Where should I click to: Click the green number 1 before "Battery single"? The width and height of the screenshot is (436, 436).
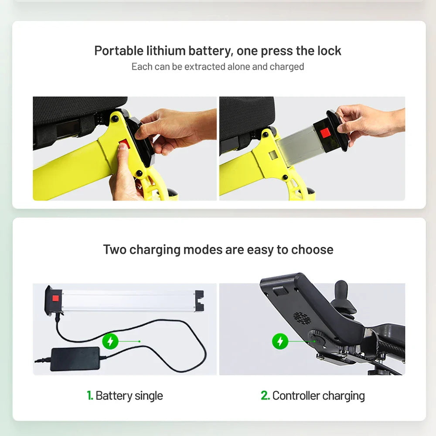pos(89,395)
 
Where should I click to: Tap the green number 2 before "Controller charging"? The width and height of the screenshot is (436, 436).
pos(265,395)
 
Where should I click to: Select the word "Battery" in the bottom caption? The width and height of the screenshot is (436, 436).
pos(114,395)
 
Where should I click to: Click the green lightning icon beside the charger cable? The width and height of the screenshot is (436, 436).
pos(110,341)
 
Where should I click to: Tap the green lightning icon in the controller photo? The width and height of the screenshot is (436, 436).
pos(280,341)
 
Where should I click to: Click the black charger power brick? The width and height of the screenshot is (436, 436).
pos(75,359)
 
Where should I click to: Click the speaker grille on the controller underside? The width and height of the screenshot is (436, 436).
pos(302,318)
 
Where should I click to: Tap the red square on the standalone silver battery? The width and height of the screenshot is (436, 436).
pos(56,299)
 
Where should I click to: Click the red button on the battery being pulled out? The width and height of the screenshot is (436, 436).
pos(325,133)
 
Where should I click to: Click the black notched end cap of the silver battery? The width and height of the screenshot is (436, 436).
pos(199,300)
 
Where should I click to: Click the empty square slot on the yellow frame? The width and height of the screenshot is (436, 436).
pos(273,155)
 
